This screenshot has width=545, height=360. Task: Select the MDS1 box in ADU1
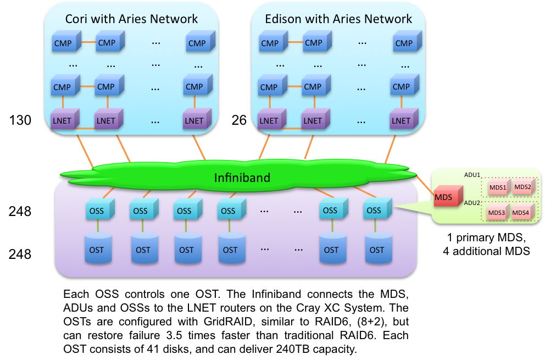coord(497,187)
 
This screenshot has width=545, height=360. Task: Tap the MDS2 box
coord(522,187)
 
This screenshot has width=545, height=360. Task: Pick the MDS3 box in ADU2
coord(496,213)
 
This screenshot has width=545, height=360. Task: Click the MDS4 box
coord(520,212)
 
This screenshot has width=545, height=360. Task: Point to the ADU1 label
coord(472,175)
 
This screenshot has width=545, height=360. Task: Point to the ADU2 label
coord(472,203)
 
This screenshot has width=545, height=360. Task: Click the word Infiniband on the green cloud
coord(242,178)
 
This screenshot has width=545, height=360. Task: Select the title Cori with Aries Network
coord(131,19)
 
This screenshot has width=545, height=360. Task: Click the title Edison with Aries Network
coord(338,19)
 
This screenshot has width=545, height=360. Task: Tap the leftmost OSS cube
coord(98,211)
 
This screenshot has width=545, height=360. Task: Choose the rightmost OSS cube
coord(375,210)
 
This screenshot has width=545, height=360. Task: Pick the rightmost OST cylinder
coord(377,250)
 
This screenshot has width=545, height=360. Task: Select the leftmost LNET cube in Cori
coord(62,120)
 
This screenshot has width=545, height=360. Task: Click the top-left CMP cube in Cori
coord(63,43)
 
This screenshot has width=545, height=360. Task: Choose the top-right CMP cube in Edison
coord(404,43)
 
